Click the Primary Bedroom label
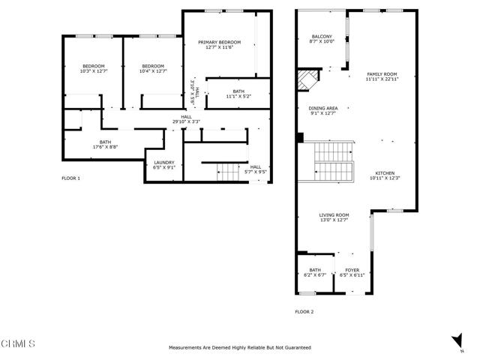point(219,42)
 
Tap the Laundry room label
point(164,163)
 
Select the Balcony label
point(322,37)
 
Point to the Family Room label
point(382,74)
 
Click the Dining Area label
point(323,108)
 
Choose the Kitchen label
point(385,173)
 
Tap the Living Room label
point(334,215)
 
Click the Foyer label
point(352,270)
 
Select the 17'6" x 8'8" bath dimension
point(105,147)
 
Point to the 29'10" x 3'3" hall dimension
point(186,121)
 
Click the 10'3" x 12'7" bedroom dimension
point(94,71)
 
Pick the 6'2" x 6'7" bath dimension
point(315,275)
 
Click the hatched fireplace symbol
point(308,80)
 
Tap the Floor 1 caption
point(70,178)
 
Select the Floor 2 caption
point(304,312)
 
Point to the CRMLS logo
point(18,343)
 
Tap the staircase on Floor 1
point(228,172)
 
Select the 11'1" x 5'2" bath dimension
point(238,97)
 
